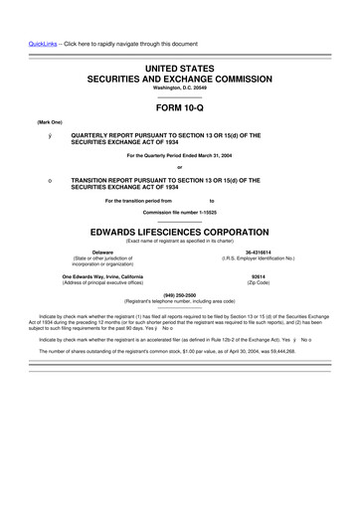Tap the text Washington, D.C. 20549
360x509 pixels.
[180, 86]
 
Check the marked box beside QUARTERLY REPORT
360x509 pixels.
[36, 135]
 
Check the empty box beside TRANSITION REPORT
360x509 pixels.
[36, 181]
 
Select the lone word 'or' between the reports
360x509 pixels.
[180, 166]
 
